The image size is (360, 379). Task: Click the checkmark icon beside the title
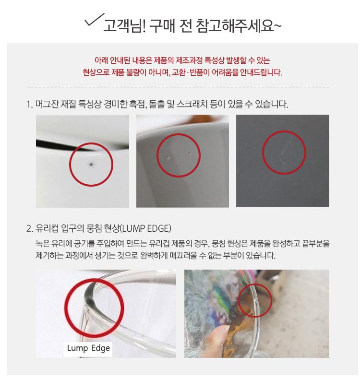pos(94,20)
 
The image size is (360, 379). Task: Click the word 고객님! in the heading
pos(125,25)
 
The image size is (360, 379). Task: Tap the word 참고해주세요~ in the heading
pos(239,25)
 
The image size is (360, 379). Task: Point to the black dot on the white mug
pos(91,165)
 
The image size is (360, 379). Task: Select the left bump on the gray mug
pos(168,157)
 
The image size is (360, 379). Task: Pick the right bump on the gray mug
pos(189,153)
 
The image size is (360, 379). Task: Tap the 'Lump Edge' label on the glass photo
pos(88,348)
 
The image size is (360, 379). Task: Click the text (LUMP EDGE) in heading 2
pos(145,228)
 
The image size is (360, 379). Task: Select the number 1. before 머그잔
pos(29,105)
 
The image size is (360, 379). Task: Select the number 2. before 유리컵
pos(29,228)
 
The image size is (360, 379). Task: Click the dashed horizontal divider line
pos(179,87)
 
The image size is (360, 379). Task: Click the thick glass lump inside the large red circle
pos(89,296)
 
